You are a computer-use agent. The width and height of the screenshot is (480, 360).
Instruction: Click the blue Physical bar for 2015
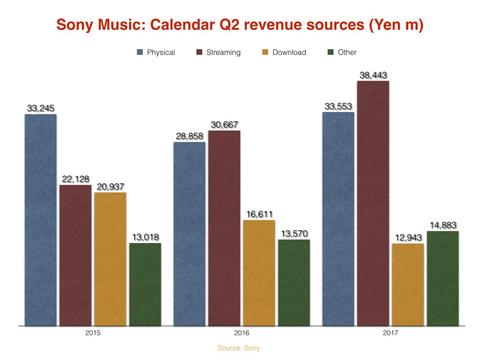(41, 220)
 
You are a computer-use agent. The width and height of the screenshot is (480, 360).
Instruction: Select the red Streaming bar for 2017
(373, 203)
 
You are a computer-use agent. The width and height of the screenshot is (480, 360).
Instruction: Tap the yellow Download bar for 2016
(259, 273)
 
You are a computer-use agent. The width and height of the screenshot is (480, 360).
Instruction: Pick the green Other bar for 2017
(443, 279)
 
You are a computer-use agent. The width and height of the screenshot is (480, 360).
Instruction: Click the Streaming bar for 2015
(76, 255)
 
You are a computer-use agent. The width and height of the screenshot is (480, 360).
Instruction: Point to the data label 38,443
(373, 75)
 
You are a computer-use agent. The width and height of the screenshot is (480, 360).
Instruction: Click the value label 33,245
(41, 108)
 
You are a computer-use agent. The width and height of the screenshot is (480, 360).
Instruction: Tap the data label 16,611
(259, 214)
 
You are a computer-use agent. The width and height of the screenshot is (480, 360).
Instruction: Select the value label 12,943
(408, 237)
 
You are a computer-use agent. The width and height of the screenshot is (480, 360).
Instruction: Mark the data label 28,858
(190, 136)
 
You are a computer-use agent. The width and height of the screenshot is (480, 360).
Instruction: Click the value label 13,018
(146, 237)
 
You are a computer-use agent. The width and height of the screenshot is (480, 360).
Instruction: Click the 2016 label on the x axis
(241, 333)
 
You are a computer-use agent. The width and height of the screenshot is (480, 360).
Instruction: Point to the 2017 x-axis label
(390, 333)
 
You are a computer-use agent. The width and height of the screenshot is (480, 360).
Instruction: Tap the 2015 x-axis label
(93, 333)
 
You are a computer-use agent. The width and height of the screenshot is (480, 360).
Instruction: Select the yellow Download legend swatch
(265, 52)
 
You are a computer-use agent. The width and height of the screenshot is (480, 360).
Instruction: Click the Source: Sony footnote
(239, 348)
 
